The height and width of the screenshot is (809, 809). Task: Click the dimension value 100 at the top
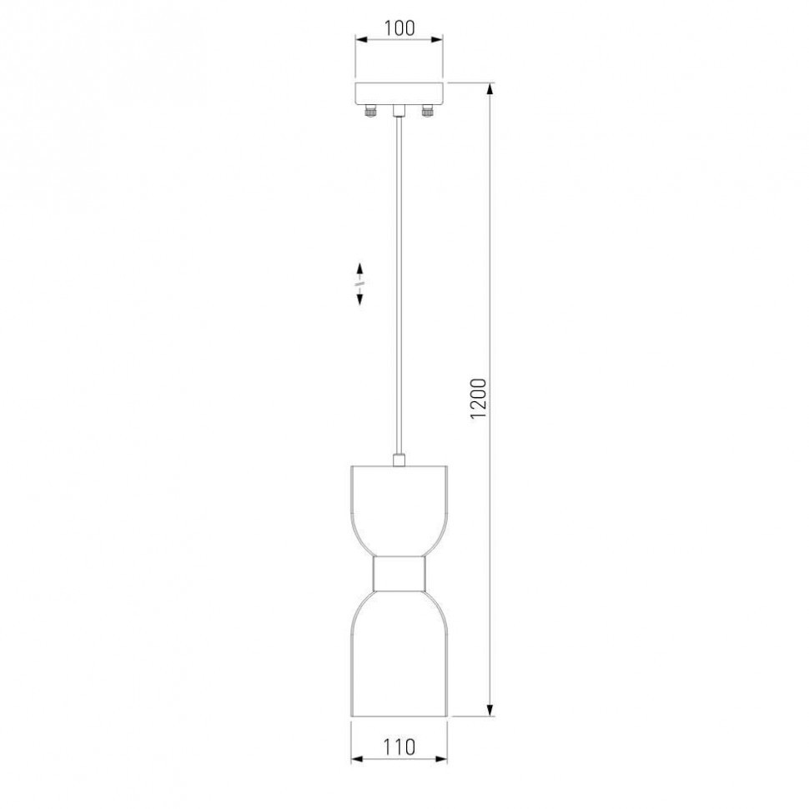[399, 28]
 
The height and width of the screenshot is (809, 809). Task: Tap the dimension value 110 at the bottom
[399, 746]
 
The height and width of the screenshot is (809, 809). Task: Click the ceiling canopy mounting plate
[399, 93]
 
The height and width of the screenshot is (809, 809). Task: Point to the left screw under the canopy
[371, 111]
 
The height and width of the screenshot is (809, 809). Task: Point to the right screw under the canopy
[428, 111]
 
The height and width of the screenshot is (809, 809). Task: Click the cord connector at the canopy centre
[399, 111]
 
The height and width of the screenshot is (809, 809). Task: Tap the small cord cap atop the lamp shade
[399, 460]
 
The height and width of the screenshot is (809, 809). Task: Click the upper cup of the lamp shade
[399, 510]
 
